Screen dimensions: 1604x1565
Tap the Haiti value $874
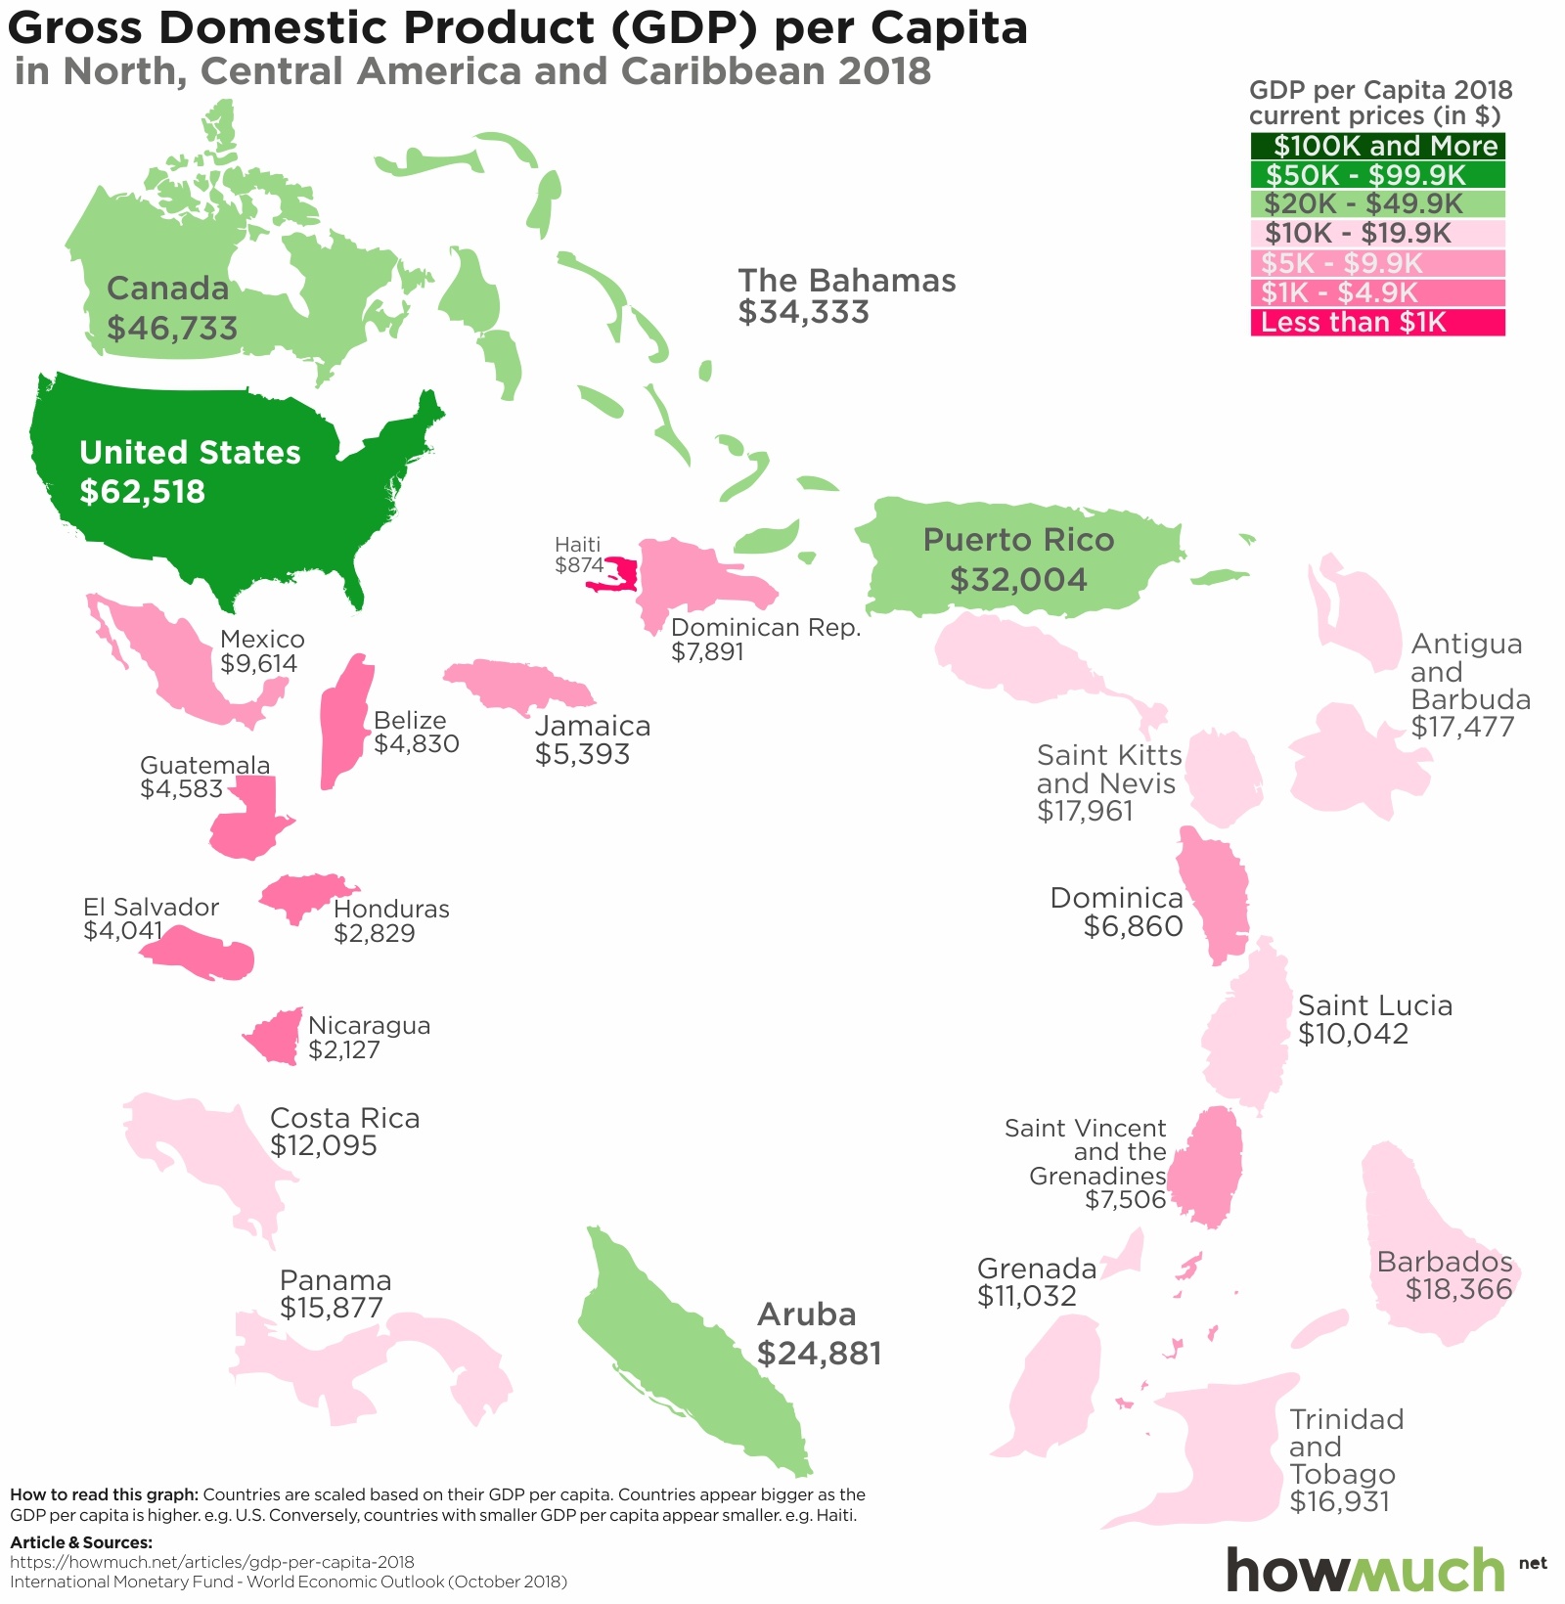click(579, 565)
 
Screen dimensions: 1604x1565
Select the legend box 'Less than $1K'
click(1377, 323)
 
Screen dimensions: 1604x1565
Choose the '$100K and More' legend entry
click(1377, 147)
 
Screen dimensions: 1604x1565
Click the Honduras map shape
click(299, 894)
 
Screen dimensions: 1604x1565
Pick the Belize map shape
click(344, 722)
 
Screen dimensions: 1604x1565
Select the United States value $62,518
click(143, 491)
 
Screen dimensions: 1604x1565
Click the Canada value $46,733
click(172, 328)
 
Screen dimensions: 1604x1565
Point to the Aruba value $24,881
click(820, 1354)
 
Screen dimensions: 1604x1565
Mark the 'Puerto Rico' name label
click(1018, 541)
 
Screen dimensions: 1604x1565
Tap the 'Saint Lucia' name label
click(1374, 1005)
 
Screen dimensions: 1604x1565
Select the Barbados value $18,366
click(1458, 1290)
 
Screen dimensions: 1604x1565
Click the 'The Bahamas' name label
click(847, 281)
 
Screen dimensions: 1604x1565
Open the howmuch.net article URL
click(212, 1562)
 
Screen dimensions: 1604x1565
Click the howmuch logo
click(1365, 1569)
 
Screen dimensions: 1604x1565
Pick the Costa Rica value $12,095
click(323, 1145)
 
